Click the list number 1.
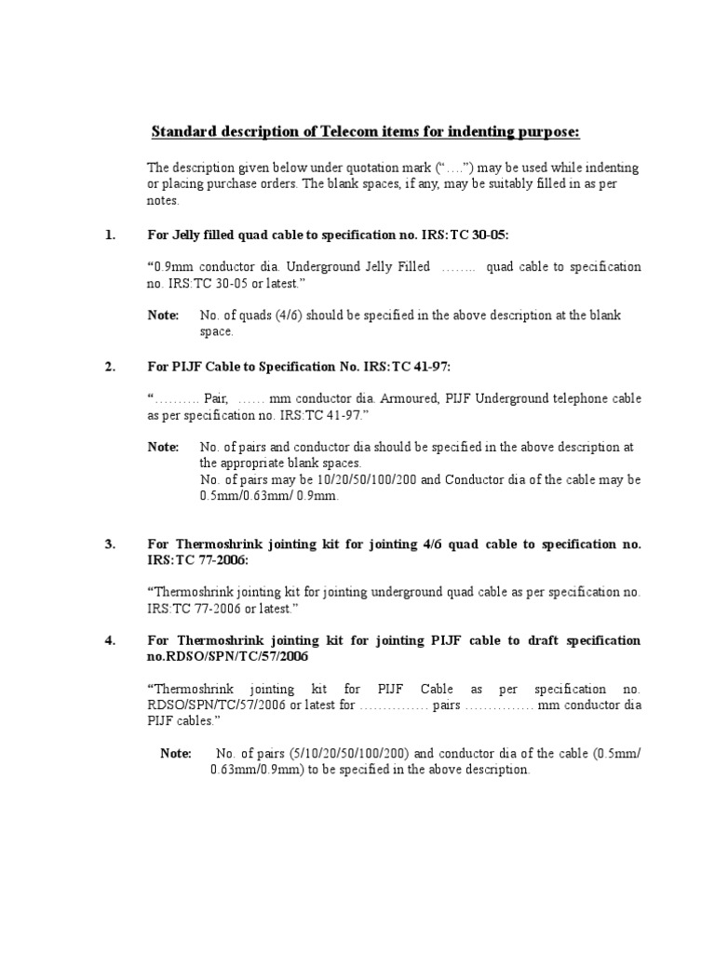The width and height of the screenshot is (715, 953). (x=111, y=235)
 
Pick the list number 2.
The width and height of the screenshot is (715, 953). (x=111, y=367)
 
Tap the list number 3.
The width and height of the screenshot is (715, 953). (x=111, y=544)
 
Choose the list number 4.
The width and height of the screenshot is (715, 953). (x=111, y=641)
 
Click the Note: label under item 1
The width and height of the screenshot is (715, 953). (x=163, y=315)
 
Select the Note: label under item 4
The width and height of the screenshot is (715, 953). (x=176, y=754)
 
